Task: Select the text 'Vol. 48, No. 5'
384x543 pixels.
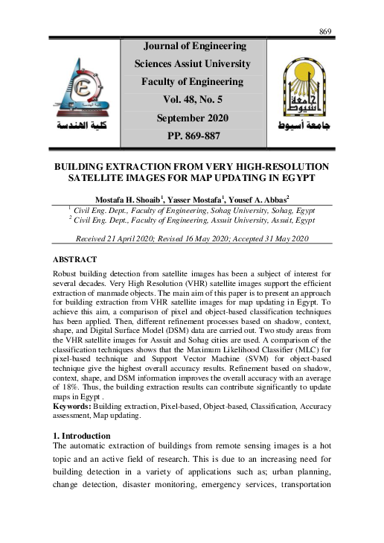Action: [193, 99]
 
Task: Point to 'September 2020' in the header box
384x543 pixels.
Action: [193, 118]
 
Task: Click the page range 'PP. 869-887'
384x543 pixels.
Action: [193, 136]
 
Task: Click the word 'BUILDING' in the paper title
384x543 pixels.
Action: [83, 166]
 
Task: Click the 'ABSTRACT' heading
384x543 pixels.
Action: [74, 259]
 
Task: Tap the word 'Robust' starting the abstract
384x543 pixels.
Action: [65, 275]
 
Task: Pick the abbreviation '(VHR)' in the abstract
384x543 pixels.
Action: [167, 285]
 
